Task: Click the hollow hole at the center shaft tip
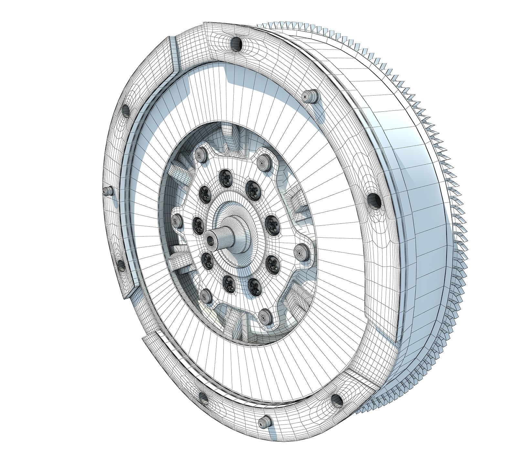[211, 239]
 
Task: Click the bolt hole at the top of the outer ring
[236, 44]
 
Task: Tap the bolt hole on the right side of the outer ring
[374, 200]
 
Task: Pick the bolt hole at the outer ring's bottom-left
[203, 399]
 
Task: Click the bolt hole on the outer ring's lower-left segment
[121, 266]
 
